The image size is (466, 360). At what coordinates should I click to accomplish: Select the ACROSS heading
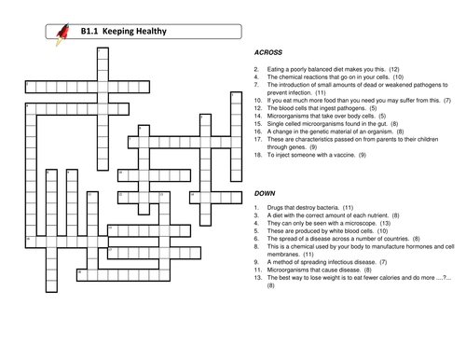click(268, 53)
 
